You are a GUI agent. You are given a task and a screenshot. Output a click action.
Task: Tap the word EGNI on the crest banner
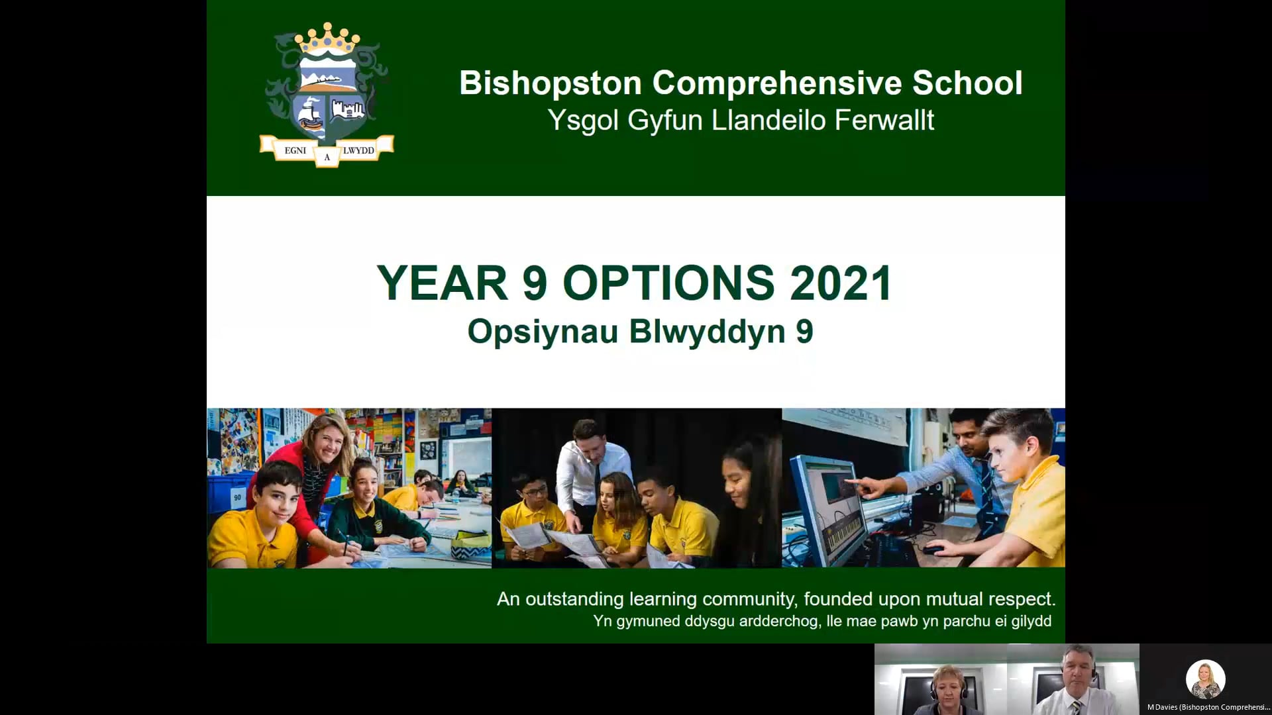point(295,150)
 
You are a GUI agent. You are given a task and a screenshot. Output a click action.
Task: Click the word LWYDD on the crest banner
point(358,150)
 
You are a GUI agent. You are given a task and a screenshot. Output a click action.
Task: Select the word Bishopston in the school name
point(551,83)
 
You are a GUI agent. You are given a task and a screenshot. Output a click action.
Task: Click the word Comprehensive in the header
point(776,83)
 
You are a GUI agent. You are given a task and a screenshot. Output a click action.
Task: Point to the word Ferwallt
point(884,120)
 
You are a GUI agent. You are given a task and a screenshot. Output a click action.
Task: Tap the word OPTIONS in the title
point(668,283)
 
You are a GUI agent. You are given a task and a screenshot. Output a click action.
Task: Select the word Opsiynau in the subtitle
point(543,332)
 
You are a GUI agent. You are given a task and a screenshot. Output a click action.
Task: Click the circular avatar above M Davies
point(1205,679)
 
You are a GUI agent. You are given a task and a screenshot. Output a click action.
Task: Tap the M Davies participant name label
point(1208,707)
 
